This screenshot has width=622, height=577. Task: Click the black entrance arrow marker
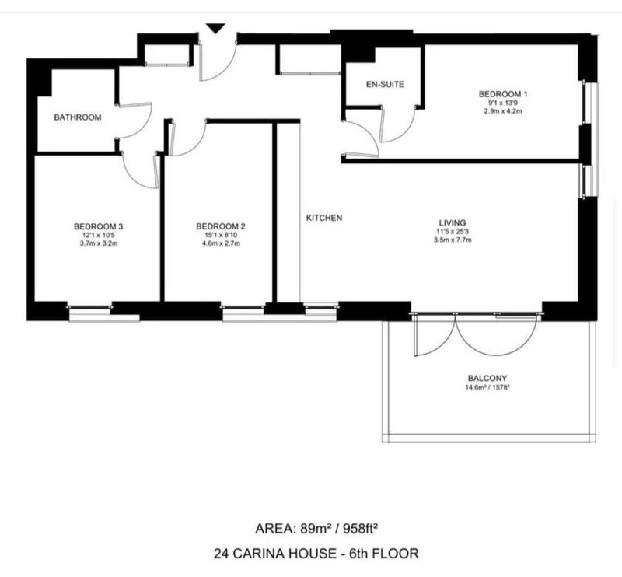215,28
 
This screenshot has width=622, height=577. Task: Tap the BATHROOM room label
78,117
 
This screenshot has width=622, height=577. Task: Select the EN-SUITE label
385,84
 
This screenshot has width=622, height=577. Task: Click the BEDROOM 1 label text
503,94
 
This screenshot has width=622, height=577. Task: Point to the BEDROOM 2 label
221,226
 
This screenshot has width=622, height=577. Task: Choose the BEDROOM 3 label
99,226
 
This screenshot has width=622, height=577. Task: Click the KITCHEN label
324,218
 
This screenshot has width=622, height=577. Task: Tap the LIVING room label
453,222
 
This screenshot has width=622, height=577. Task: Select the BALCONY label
487,378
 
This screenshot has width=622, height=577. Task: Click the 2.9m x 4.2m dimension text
502,111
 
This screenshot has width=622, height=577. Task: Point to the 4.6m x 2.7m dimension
221,243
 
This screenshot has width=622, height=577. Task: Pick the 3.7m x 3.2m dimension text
99,243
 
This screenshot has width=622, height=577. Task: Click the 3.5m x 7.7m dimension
453,240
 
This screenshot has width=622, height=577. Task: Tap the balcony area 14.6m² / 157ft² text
487,387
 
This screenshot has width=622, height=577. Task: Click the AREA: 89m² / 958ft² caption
316,529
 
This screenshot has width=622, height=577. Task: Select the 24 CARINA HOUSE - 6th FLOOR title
316,553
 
